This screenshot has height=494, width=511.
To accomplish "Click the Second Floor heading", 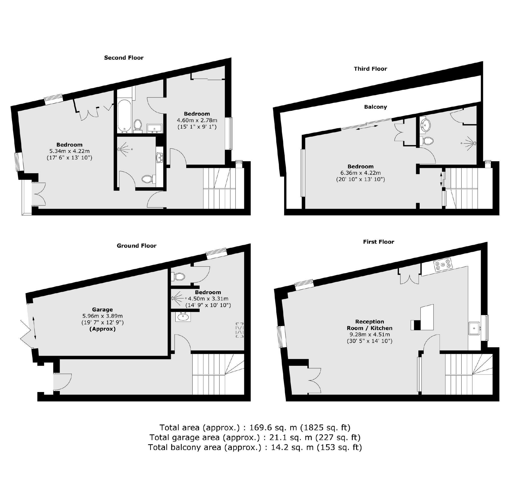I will tap(124, 58).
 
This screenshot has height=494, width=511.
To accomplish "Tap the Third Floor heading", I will tap(370, 69).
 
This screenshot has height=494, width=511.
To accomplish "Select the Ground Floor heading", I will tap(136, 246).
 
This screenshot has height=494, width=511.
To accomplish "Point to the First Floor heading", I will tap(378, 242).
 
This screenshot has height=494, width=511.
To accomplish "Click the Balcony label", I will tap(375, 107).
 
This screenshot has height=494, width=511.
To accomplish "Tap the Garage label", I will tap(102, 309).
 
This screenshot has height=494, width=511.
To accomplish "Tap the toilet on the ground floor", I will tap(179, 276).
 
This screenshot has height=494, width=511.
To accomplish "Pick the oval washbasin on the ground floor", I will tap(183, 317).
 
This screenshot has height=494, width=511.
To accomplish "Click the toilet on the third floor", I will tap(427, 141).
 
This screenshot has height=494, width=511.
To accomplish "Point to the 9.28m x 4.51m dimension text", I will tap(369, 335).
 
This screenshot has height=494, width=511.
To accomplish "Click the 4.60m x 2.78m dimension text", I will tap(197, 120).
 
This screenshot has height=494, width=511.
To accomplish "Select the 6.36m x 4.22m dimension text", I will tap(360, 173).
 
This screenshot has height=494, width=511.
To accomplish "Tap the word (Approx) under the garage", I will tap(102, 329).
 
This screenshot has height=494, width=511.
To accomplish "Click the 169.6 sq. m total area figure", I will tap(273, 428).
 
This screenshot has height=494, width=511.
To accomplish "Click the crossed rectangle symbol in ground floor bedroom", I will tap(239, 330).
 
